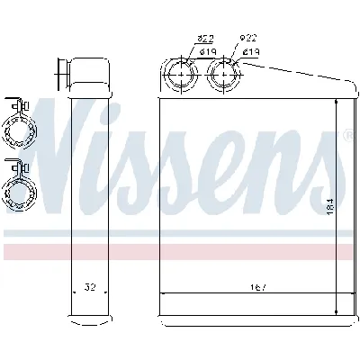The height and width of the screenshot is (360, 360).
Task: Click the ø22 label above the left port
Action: point(206,40)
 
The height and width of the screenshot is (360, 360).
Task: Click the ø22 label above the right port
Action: point(247,40)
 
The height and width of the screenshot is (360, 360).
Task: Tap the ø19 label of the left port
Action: point(207,51)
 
